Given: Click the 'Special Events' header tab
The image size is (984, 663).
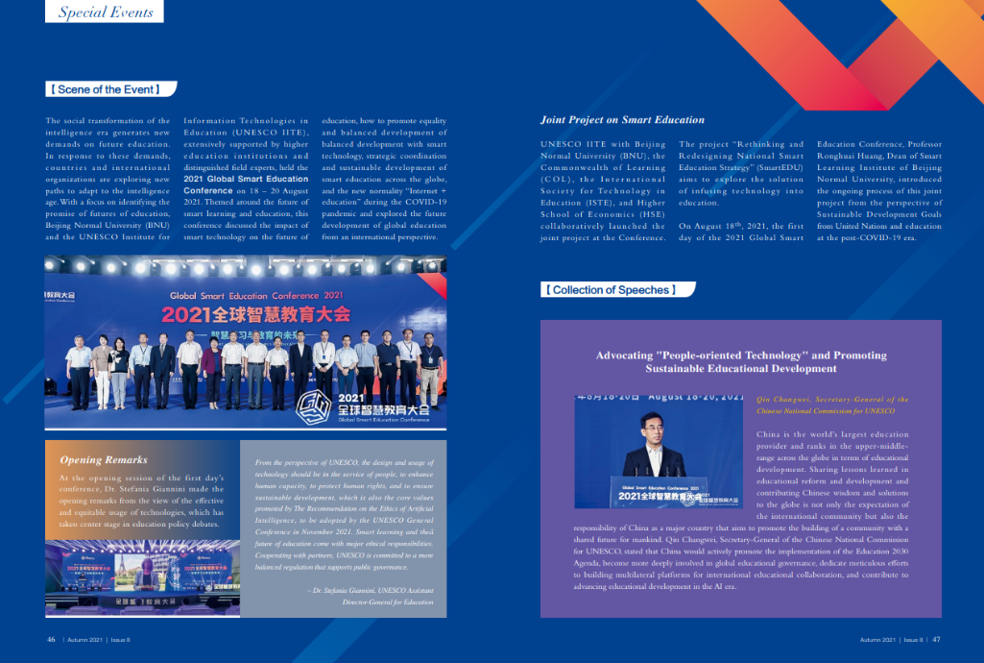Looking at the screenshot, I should coord(106,12).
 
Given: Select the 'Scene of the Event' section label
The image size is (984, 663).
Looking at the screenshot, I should coord(111,89).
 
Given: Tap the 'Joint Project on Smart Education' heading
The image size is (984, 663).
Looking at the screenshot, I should coord(622,120).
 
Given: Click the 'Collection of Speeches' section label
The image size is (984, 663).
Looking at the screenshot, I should coord(610,289).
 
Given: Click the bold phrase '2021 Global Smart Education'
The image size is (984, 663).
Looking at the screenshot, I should coord(246,179).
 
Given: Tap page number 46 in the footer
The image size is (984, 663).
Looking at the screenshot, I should coord(51,638).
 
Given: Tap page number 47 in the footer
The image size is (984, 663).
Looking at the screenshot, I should coord(936,638).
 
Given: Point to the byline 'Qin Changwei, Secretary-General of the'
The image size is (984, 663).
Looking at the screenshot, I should coord(831,399).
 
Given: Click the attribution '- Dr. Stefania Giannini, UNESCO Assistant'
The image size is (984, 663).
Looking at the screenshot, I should coord(371,590).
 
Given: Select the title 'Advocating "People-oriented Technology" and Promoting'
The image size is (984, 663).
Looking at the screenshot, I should coord(740,356).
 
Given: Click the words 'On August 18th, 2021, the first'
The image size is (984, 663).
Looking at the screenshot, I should coord(740,226).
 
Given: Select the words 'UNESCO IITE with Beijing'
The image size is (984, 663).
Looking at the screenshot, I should coord(603,144).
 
